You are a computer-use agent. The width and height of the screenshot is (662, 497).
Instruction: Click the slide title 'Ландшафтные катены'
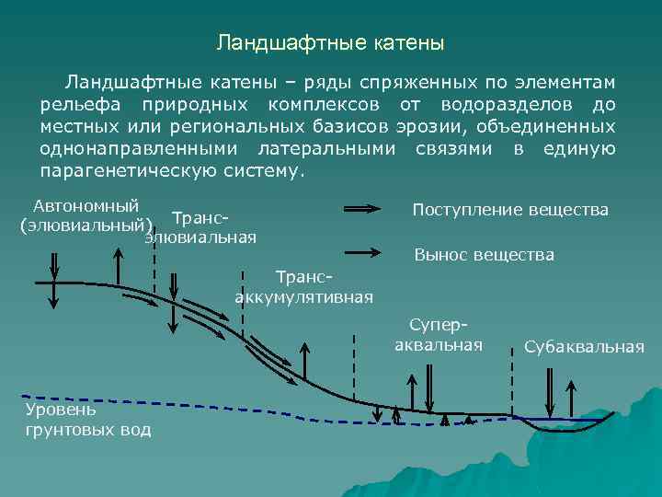pos(330,43)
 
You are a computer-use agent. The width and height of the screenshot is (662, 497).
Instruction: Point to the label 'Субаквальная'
pos(585,346)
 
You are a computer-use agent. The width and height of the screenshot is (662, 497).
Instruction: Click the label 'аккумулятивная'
pos(304,296)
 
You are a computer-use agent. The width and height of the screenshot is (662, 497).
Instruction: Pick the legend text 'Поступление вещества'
pos(510,210)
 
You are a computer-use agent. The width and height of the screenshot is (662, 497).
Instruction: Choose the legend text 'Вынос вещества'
pos(485,254)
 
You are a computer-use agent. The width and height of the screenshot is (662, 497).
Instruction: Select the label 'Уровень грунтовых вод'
pos(86,419)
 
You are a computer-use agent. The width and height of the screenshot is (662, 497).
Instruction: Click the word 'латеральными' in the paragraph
pos(327,148)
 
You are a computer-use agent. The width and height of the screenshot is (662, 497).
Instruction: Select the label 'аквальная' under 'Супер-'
pos(439,345)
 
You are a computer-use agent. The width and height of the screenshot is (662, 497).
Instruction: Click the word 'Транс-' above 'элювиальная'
pos(200,219)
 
